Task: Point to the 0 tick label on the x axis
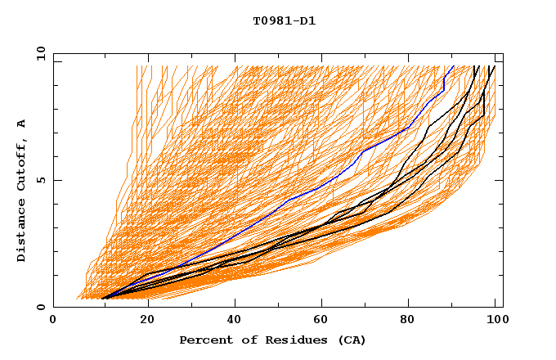point(53,322)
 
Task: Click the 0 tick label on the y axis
point(41,308)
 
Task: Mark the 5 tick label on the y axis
point(41,180)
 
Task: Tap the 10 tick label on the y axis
point(38,52)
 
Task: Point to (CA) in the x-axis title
point(349,340)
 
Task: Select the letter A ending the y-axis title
point(21,123)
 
